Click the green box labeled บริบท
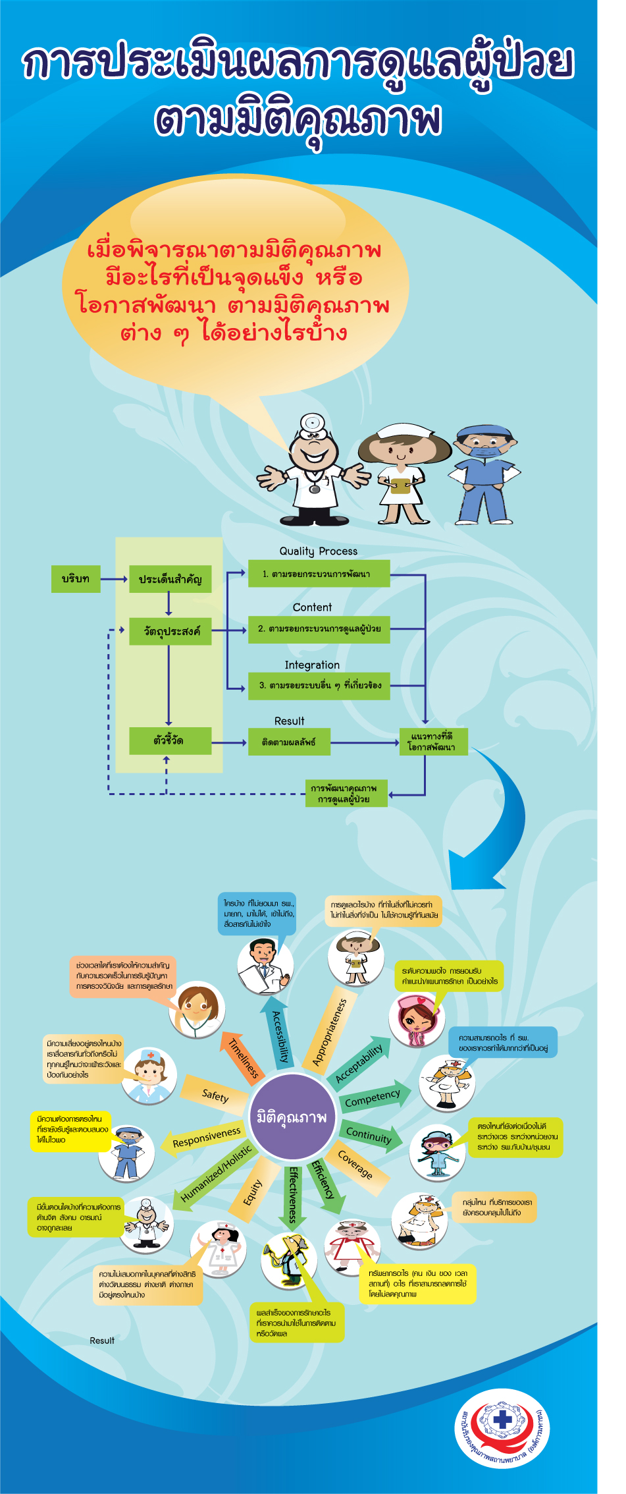(x=76, y=578)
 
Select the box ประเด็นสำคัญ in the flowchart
(x=170, y=579)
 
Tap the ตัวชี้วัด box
(x=170, y=740)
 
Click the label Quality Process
(x=318, y=551)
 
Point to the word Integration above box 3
(x=312, y=665)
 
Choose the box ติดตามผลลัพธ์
(x=289, y=742)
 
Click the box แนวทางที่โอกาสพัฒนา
(x=433, y=742)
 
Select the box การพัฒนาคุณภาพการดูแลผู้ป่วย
(x=346, y=794)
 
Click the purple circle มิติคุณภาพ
(x=292, y=1116)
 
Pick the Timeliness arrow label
(x=244, y=1058)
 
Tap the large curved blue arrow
(x=497, y=823)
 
